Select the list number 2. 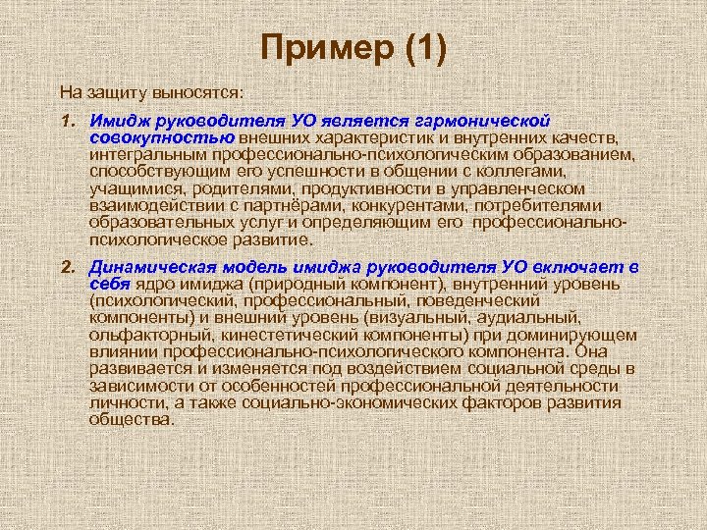tap(67, 267)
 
